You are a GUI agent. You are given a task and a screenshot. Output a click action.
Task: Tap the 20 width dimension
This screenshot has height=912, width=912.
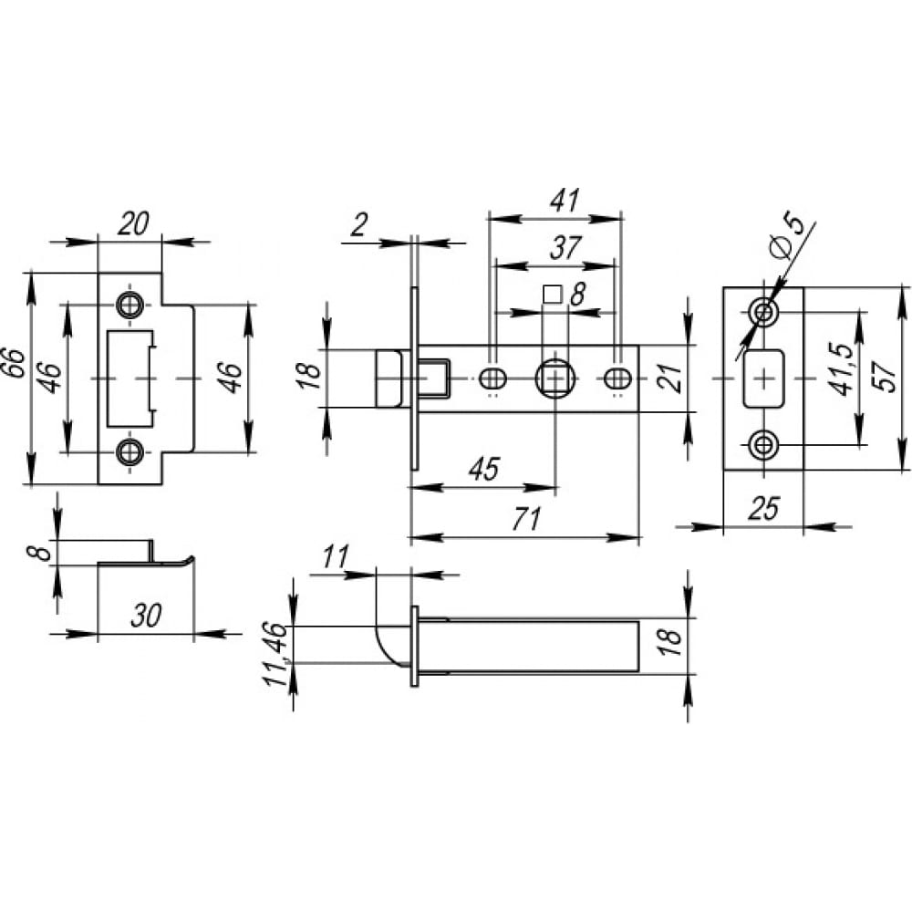click(x=133, y=223)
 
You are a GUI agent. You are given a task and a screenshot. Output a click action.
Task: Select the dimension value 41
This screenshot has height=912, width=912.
click(x=565, y=201)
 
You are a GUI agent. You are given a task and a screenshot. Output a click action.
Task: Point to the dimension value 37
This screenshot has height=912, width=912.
click(x=565, y=247)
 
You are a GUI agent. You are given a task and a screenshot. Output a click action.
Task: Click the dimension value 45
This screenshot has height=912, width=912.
click(x=484, y=469)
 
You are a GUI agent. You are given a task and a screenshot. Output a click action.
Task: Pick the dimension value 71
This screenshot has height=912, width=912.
click(x=526, y=519)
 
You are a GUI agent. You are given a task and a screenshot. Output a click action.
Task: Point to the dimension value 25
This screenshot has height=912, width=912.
click(x=763, y=509)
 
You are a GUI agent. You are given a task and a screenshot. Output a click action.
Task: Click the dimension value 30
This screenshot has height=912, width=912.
click(x=145, y=616)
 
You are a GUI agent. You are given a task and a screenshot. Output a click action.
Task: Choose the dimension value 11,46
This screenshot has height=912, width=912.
click(x=275, y=654)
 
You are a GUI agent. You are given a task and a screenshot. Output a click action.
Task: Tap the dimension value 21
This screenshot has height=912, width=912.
click(x=671, y=378)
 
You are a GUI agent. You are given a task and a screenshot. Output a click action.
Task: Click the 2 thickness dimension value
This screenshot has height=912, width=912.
click(x=359, y=224)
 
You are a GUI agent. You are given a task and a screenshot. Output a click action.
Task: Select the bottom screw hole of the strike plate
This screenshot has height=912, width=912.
click(x=130, y=452)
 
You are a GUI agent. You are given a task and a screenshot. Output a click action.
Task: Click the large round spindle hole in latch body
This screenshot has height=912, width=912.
click(x=555, y=378)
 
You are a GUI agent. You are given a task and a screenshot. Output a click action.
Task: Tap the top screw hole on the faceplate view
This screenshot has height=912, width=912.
click(x=762, y=312)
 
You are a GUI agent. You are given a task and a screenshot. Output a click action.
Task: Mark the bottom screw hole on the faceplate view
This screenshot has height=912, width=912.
click(x=762, y=446)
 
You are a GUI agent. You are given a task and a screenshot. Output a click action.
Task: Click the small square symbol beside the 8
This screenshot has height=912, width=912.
click(x=552, y=295)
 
